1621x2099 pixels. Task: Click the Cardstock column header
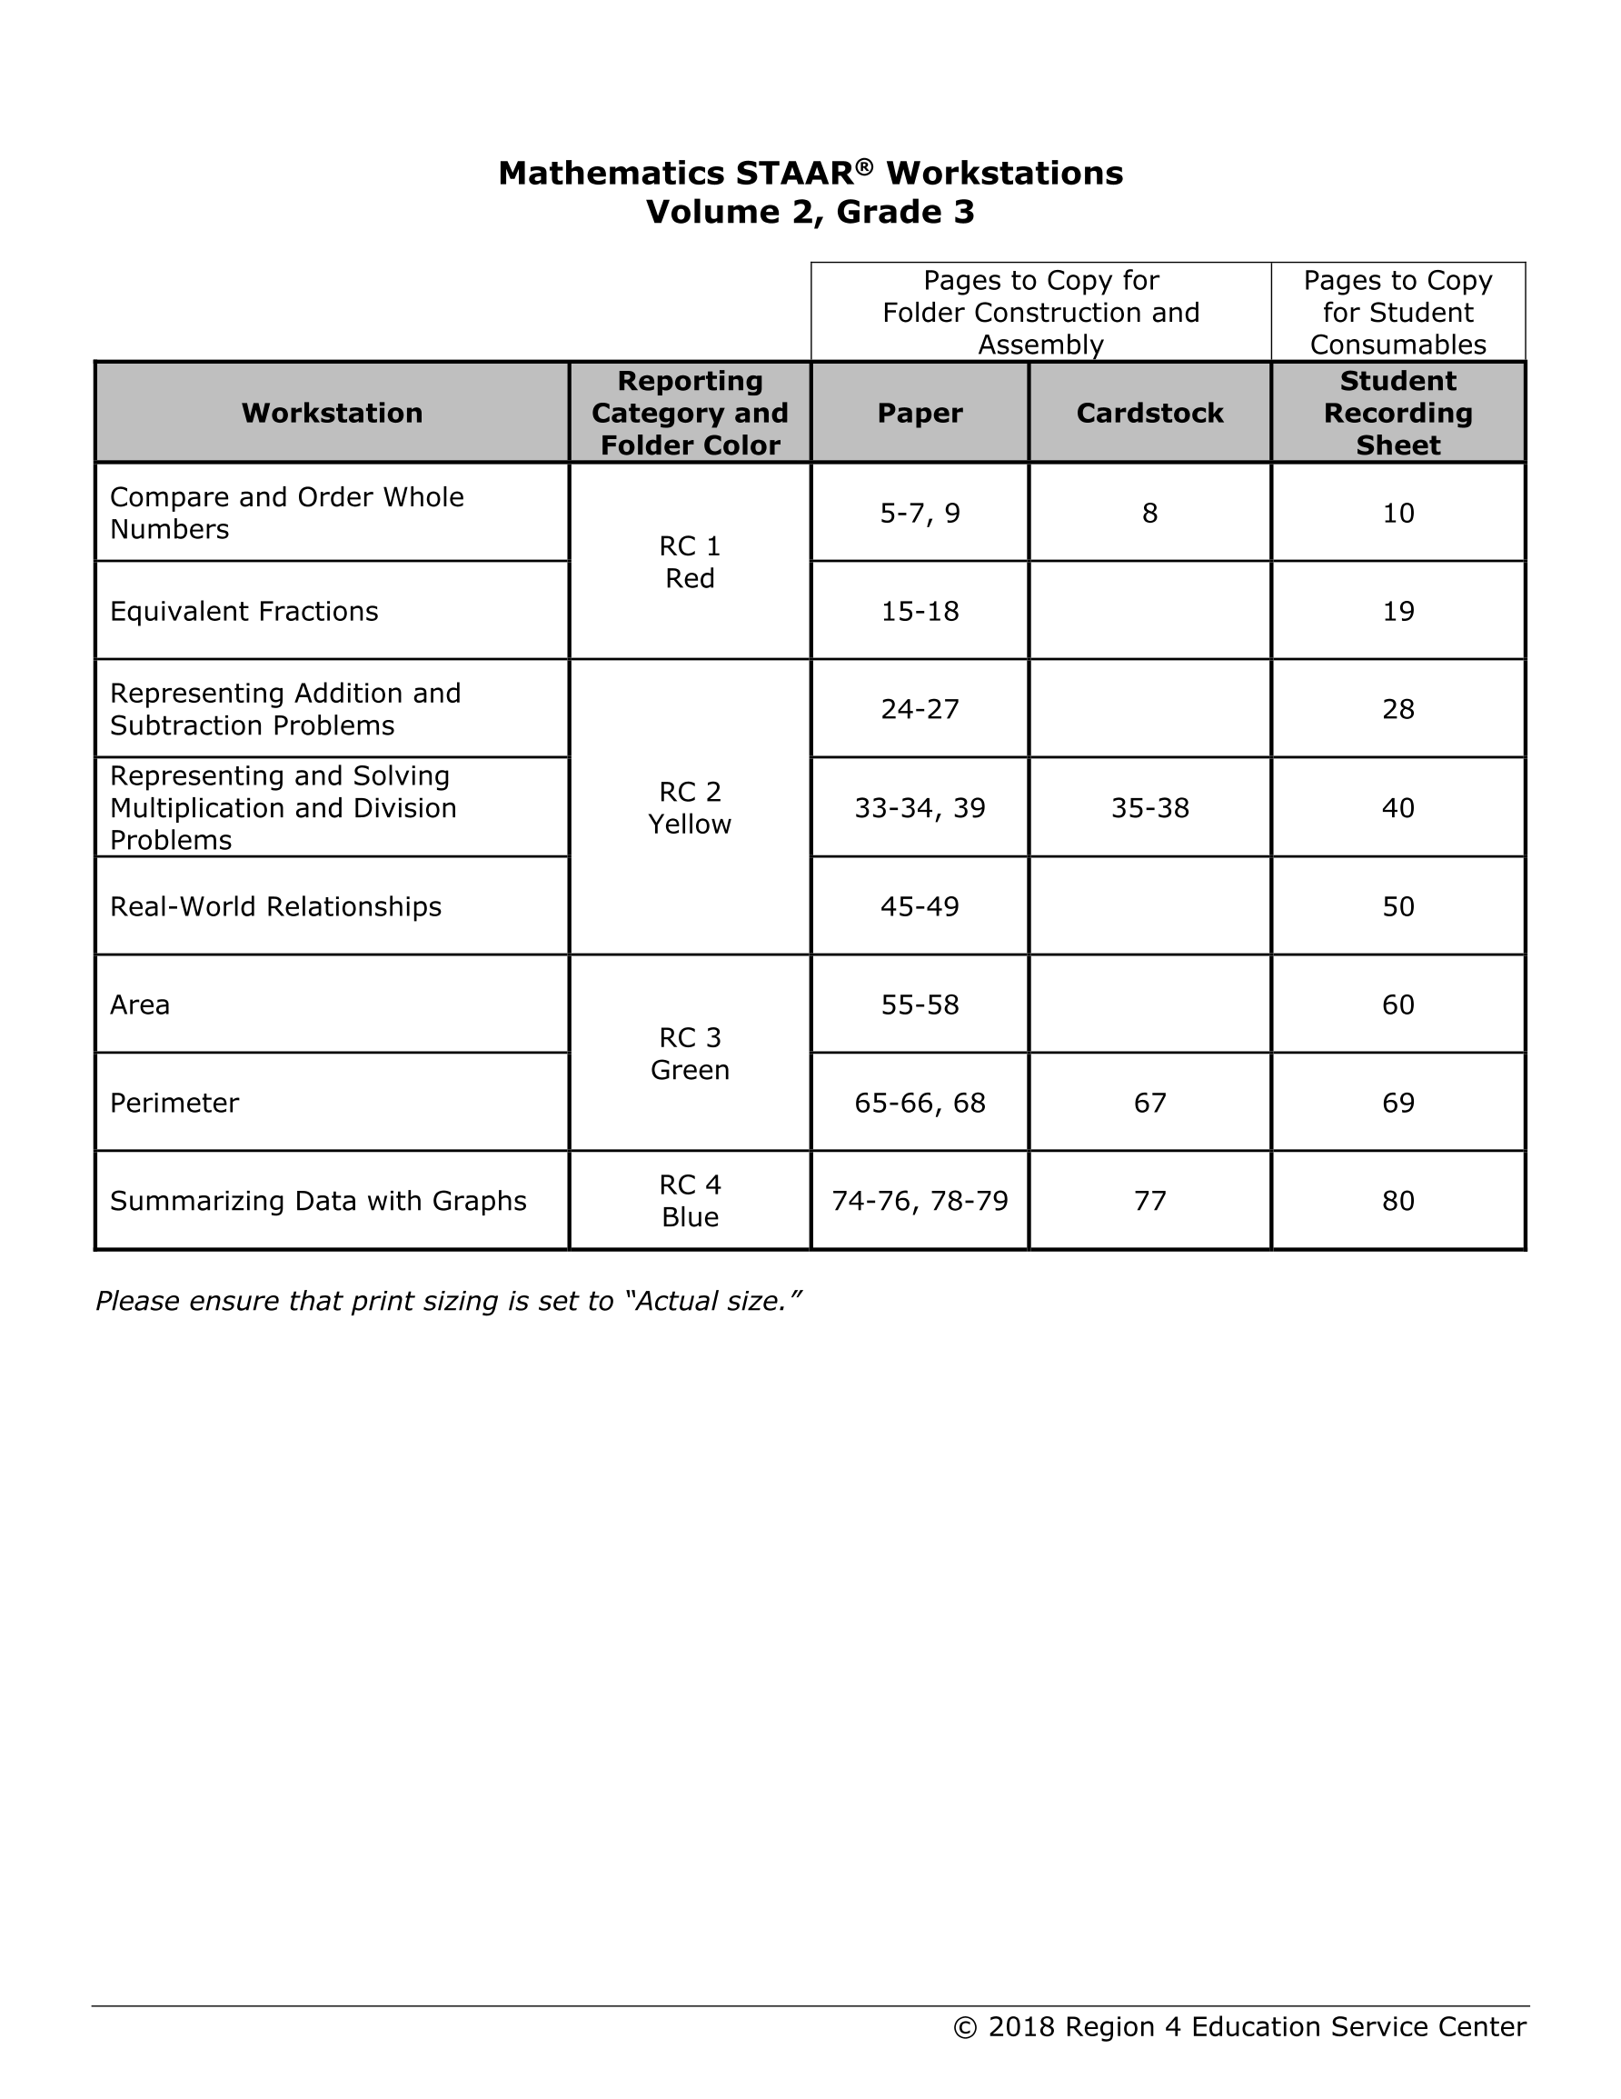click(x=1149, y=414)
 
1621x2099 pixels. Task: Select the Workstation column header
click(x=332, y=414)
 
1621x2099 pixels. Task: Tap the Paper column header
click(x=920, y=414)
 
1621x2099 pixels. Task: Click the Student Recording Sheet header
click(x=1397, y=414)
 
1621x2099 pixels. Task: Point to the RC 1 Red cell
click(x=689, y=562)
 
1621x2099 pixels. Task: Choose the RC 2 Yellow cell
click(x=689, y=807)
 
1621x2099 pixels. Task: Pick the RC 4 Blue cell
click(x=689, y=1200)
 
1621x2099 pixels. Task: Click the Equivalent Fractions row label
click(x=244, y=611)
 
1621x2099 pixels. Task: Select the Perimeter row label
click(x=174, y=1103)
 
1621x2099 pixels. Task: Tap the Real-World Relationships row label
click(x=276, y=906)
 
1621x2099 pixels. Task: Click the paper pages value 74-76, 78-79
click(x=920, y=1200)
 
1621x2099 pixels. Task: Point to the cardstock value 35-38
click(x=1149, y=808)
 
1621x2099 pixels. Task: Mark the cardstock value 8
click(x=1149, y=514)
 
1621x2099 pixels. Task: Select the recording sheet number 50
click(x=1397, y=906)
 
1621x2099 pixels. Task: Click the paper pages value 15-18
click(x=920, y=611)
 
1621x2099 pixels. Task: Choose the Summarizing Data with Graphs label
click(x=318, y=1200)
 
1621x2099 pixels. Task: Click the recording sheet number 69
click(x=1397, y=1103)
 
